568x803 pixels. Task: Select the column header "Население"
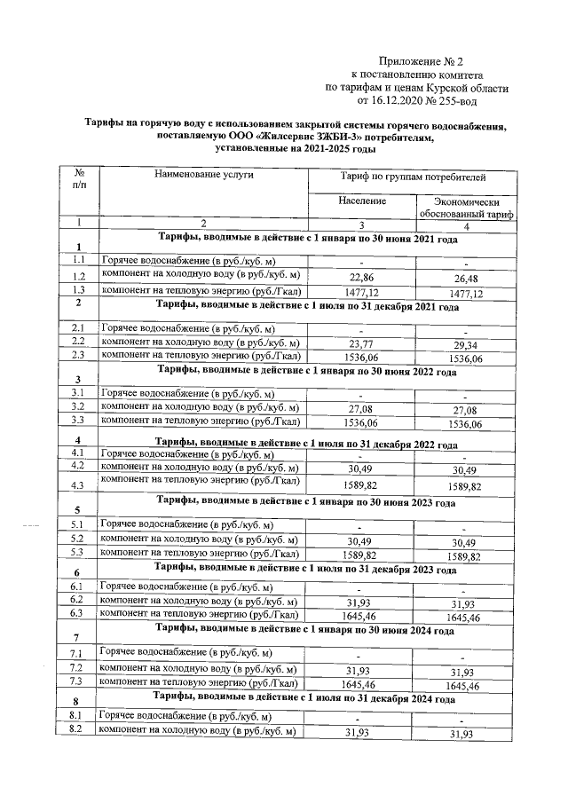[362, 201]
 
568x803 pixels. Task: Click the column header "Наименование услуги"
[204, 175]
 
